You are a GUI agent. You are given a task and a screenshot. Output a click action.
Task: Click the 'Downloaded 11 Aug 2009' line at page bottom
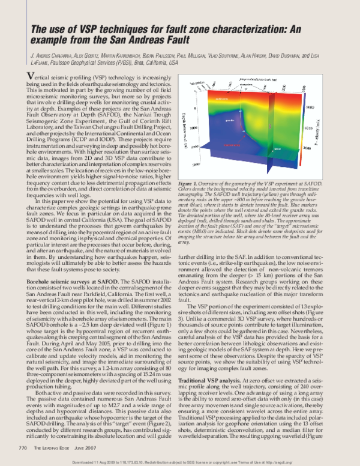tap(180, 461)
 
